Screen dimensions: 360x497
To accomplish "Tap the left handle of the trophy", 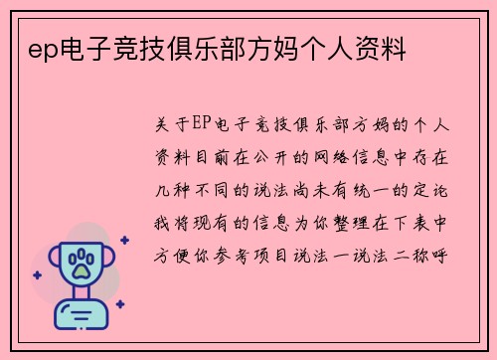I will (x=49, y=261).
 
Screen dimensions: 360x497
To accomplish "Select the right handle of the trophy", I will (x=111, y=261).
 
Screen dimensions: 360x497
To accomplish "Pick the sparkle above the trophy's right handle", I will (x=123, y=240).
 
